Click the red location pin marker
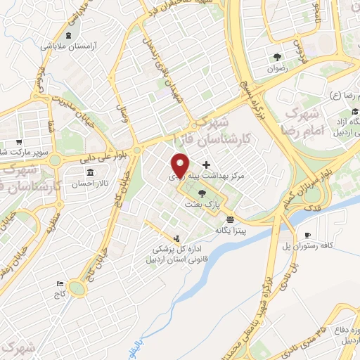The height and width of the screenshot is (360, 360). click(x=180, y=167)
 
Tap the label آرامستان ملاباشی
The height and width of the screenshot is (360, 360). click(x=82, y=44)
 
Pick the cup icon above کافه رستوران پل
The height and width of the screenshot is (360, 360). click(x=307, y=235)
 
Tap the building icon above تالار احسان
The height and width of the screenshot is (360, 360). click(x=89, y=172)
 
